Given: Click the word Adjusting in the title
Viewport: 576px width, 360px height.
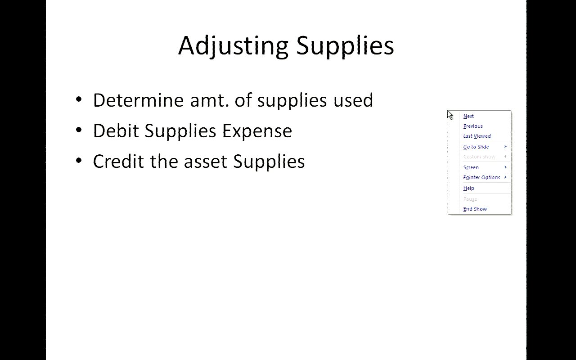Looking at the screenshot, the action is click(x=233, y=46).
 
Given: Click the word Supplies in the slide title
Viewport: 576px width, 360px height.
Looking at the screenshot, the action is click(x=345, y=46).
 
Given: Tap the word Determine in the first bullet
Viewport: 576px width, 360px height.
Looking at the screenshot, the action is click(x=138, y=100).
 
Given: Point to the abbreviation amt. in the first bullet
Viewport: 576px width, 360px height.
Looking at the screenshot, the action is click(x=210, y=101).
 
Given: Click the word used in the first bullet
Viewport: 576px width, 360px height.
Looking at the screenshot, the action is click(x=353, y=100).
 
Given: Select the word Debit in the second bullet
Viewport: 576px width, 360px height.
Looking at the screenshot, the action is click(x=116, y=130).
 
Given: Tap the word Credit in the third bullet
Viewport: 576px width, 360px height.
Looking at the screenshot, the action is click(x=118, y=161).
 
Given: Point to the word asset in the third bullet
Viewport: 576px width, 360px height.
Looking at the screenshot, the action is click(x=206, y=162).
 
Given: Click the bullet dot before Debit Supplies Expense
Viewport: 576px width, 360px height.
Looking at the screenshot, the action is click(x=79, y=130).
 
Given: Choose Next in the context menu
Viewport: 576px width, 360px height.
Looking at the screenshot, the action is click(x=468, y=116).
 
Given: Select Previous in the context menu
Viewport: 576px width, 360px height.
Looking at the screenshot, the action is click(x=473, y=126).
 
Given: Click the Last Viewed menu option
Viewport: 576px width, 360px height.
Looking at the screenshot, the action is click(x=477, y=136).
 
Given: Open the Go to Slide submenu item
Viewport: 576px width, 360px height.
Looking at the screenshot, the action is click(x=476, y=147).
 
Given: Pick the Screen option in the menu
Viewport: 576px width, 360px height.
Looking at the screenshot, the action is click(x=471, y=168).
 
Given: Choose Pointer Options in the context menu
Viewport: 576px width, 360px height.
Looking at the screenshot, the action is click(x=481, y=177).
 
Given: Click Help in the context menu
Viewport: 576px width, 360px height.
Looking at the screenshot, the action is click(x=468, y=188).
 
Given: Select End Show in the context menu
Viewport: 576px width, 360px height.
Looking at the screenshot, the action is click(x=475, y=209).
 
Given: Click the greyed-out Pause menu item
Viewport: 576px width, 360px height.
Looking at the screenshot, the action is click(x=470, y=199).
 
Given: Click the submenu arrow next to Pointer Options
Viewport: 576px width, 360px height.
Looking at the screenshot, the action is click(x=505, y=177).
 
